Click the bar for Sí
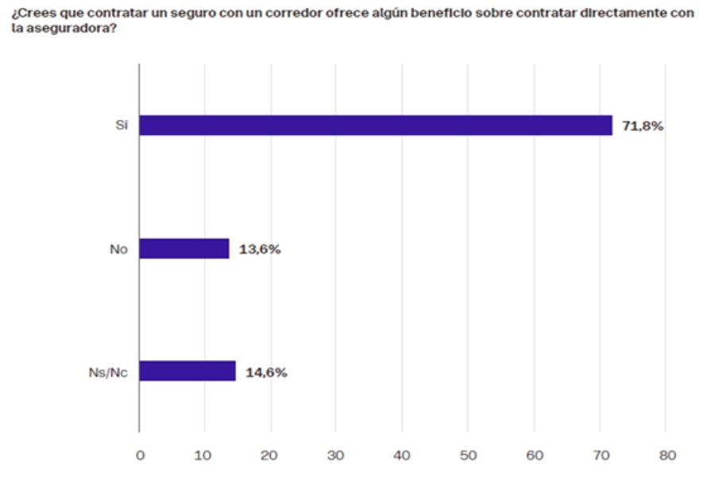coord(376,126)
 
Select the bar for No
coord(184,249)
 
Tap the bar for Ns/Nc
coord(187,371)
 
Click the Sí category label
coord(122,126)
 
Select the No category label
coord(119,249)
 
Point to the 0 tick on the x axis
coord(140,456)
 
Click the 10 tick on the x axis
coord(205,456)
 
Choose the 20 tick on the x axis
coord(271,456)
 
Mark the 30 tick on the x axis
coord(337,456)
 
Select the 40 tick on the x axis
coord(403,456)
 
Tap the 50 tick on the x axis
coord(469,456)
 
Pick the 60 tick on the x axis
coord(535,456)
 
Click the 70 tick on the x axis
coord(601,456)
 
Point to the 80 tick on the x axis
coord(667,456)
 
